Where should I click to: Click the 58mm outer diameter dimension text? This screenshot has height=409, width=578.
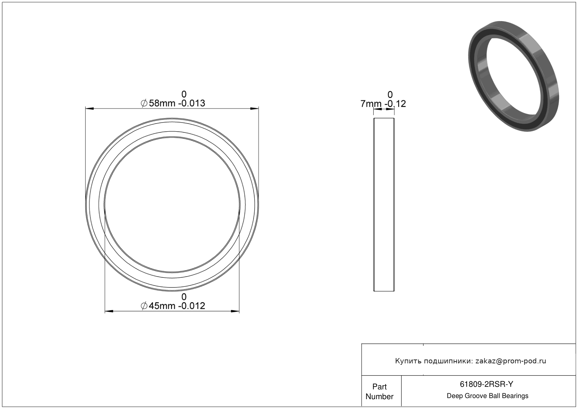point(162,103)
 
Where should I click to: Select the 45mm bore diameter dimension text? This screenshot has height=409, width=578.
point(162,306)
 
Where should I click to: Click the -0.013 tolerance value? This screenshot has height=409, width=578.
point(193,103)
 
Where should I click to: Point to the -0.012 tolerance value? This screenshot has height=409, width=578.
point(193,306)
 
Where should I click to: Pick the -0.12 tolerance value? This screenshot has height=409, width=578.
point(395,104)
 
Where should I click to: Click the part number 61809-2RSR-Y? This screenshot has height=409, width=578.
point(486,384)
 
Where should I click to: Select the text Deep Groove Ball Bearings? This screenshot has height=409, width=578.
point(487,396)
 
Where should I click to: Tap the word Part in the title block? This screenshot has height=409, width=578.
point(379,387)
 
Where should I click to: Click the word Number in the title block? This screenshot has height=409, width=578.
point(379,396)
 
